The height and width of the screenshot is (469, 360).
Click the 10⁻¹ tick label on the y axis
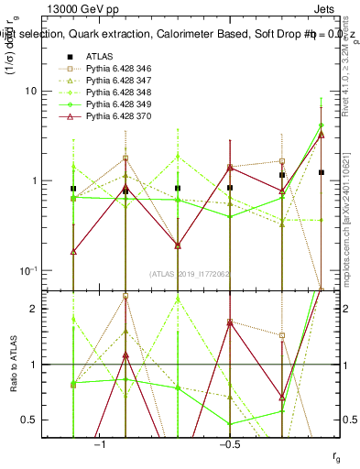pyautogui.click(x=34, y=269)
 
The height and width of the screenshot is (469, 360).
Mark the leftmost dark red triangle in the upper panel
pyautogui.click(x=72, y=251)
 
